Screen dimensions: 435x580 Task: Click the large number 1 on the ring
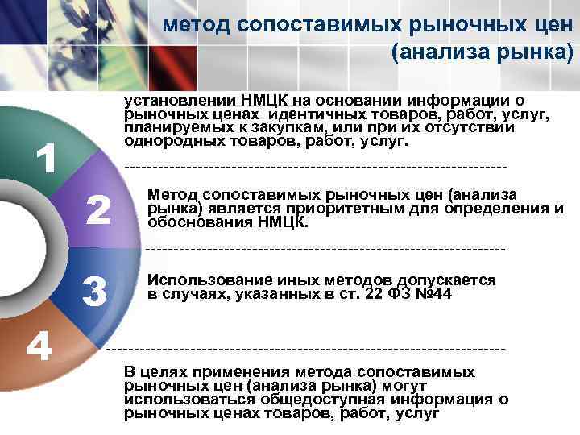coord(48,159)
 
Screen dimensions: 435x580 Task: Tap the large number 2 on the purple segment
coord(97,211)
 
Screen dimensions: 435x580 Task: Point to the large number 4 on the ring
coord(38,346)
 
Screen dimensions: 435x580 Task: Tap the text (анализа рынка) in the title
coord(482,54)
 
